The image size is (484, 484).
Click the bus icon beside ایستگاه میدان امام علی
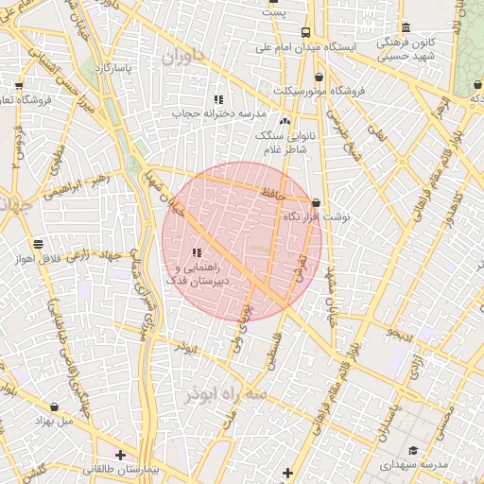pyautogui.click(x=304, y=33)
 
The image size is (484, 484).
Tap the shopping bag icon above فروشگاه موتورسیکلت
pyautogui.click(x=319, y=77)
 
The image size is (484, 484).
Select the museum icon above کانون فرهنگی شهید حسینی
pyautogui.click(x=406, y=27)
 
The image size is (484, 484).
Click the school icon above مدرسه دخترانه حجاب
pyautogui.click(x=218, y=99)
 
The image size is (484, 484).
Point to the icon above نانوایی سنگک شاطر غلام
pyautogui.click(x=285, y=121)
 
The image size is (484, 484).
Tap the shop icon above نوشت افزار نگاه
pyautogui.click(x=315, y=202)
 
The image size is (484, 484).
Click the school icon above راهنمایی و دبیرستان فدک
pyautogui.click(x=197, y=252)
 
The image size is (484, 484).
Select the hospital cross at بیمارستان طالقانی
pyautogui.click(x=120, y=455)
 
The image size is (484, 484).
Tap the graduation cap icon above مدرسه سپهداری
pyautogui.click(x=412, y=451)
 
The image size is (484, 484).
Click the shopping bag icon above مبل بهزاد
pyautogui.click(x=54, y=406)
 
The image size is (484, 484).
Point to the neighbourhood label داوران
pyautogui.click(x=181, y=59)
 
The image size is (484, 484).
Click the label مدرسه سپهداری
pyautogui.click(x=414, y=466)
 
